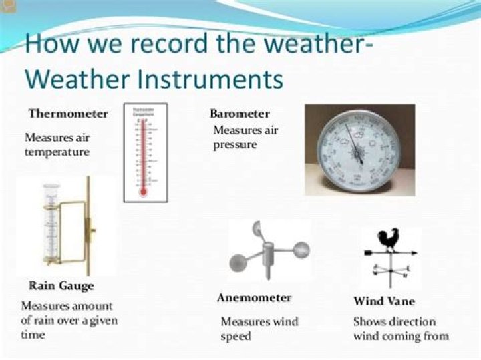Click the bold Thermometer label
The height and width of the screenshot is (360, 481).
pos(67,113)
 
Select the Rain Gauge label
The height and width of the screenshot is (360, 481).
pos(61,286)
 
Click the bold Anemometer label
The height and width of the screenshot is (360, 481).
pos(254,298)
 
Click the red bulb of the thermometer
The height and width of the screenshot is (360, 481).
pos(142,192)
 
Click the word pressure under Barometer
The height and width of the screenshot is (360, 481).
pos(234,144)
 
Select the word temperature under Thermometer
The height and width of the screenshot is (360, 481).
pos(57,152)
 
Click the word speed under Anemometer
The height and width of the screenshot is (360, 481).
pos(236,335)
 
